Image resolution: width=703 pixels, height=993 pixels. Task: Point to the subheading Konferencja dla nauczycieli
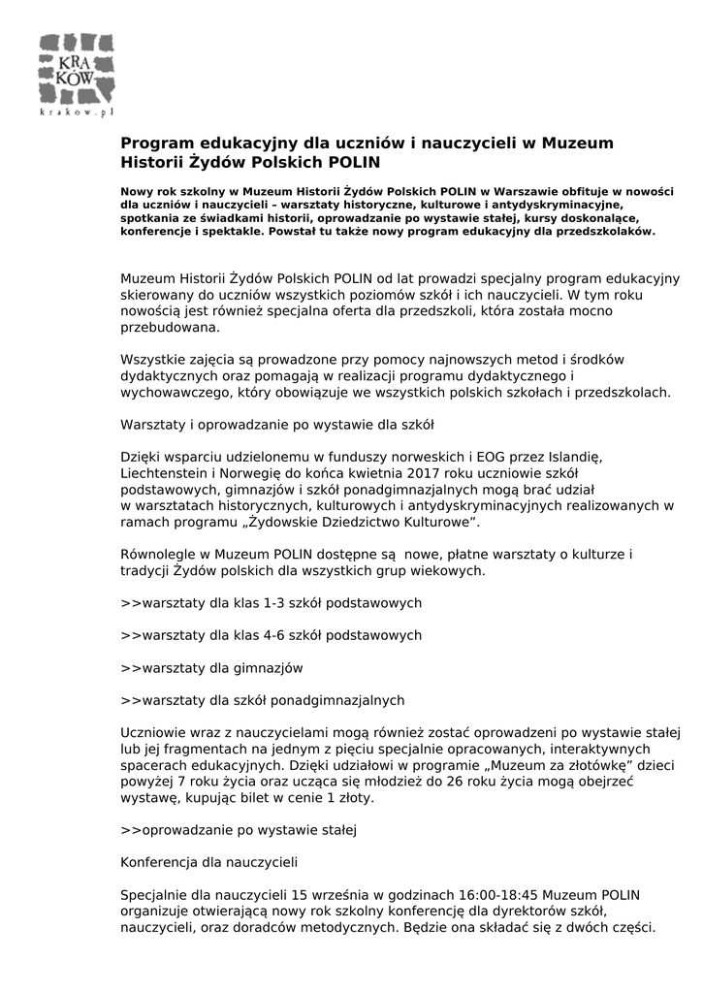[208, 861]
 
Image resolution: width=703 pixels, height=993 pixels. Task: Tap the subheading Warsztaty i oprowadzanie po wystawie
[276, 425]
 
